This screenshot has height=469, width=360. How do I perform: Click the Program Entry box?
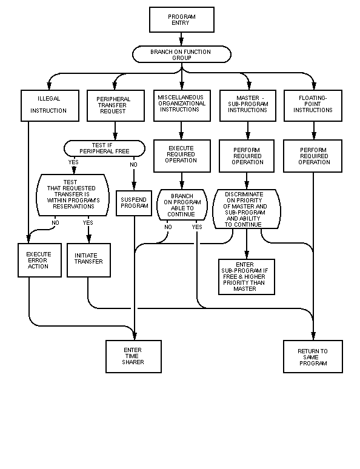click(182, 19)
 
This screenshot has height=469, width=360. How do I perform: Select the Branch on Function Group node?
click(182, 54)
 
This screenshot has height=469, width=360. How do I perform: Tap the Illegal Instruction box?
click(50, 105)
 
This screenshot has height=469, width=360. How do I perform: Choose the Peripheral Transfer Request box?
click(116, 105)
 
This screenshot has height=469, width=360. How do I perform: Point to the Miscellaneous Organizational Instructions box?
click(182, 105)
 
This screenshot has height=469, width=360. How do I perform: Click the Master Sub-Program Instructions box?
click(248, 105)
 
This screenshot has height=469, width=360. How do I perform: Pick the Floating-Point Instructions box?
click(313, 105)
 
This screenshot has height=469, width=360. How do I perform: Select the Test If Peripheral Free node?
click(104, 148)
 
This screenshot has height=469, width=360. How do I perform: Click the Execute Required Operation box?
click(182, 156)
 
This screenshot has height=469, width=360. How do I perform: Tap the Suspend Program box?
click(134, 203)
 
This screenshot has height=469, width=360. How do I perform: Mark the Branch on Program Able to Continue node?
click(182, 205)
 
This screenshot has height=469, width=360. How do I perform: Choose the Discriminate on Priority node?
click(247, 209)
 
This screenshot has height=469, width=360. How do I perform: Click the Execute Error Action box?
click(39, 260)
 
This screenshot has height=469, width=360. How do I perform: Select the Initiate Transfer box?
click(88, 260)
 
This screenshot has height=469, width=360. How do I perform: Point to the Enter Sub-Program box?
click(247, 277)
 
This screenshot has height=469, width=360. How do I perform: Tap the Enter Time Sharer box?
click(133, 356)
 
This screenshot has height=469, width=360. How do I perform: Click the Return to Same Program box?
click(313, 356)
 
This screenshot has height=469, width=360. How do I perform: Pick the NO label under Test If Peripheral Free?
click(133, 164)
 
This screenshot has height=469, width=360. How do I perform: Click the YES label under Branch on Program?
click(197, 227)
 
